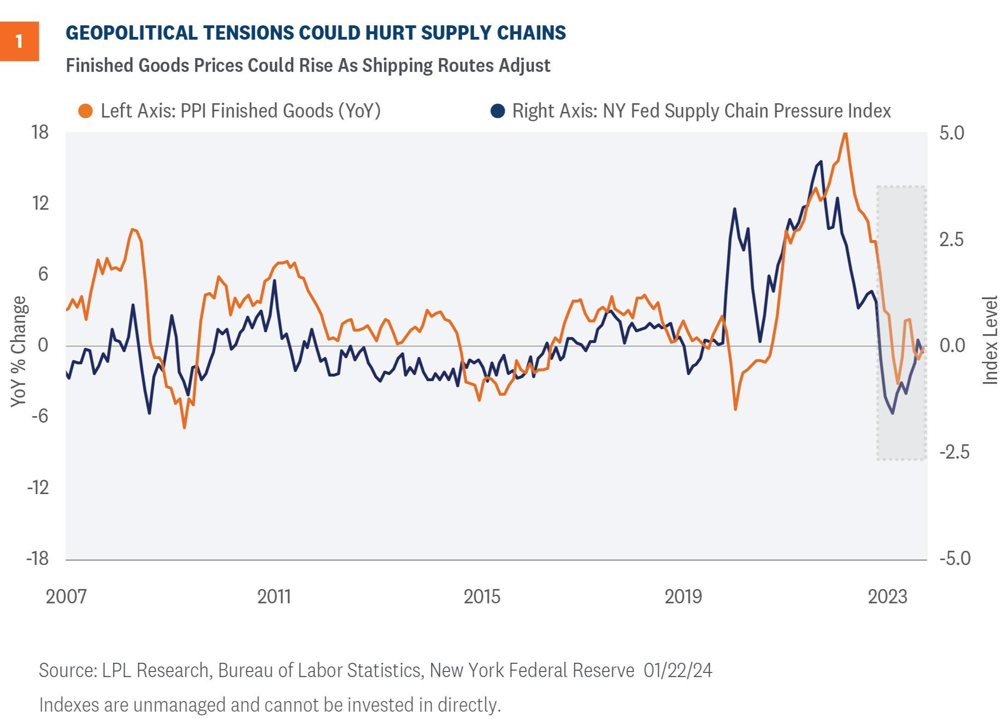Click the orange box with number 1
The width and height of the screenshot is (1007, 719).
pos(19,41)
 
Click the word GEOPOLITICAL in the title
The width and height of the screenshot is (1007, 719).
pos(131,33)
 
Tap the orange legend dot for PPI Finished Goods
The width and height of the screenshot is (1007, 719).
pos(86,111)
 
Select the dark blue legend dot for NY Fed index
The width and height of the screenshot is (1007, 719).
pos(498,111)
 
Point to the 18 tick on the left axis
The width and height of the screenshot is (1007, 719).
pos(40,133)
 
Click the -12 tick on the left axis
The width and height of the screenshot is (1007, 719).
pos(38,487)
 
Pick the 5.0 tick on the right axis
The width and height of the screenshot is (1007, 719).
pos(952,133)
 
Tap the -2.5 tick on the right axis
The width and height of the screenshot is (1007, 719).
pos(954,452)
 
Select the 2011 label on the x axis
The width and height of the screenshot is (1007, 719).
pos(274,597)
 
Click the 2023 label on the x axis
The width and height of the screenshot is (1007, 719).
pos(887,597)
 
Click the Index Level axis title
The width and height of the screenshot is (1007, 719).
pos(990,340)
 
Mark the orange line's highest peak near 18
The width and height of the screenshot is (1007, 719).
pos(845,134)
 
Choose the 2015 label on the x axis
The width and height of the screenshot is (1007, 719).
pos(482,597)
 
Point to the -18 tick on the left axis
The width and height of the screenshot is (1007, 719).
pos(38,558)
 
